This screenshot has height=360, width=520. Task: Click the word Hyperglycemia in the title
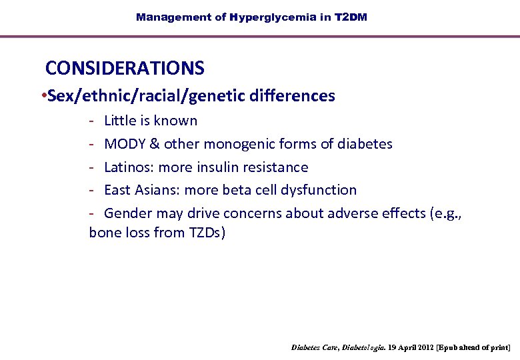click(x=273, y=17)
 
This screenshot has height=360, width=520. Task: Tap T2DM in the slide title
click(x=351, y=17)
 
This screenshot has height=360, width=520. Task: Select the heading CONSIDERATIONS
click(x=125, y=68)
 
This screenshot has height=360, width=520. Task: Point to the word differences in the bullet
click(x=293, y=96)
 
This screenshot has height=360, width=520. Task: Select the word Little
click(x=120, y=121)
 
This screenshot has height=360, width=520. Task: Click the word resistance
click(x=279, y=167)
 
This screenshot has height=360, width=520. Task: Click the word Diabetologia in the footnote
click(x=363, y=348)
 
